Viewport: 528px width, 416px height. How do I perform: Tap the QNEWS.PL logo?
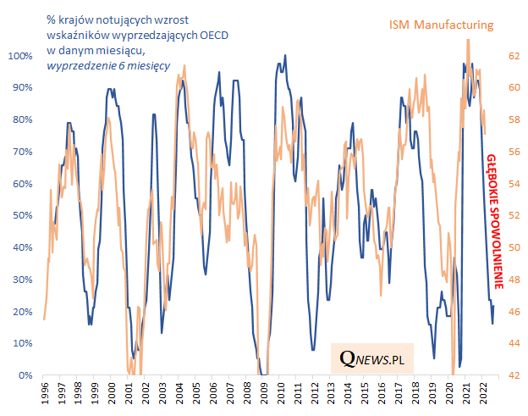point(372,359)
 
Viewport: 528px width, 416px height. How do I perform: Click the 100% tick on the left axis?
point(20,56)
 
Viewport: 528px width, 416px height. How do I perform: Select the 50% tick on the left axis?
point(23,215)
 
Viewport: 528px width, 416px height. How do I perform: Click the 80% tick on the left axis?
point(23,119)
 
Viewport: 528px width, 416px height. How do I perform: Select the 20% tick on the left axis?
point(23,311)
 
